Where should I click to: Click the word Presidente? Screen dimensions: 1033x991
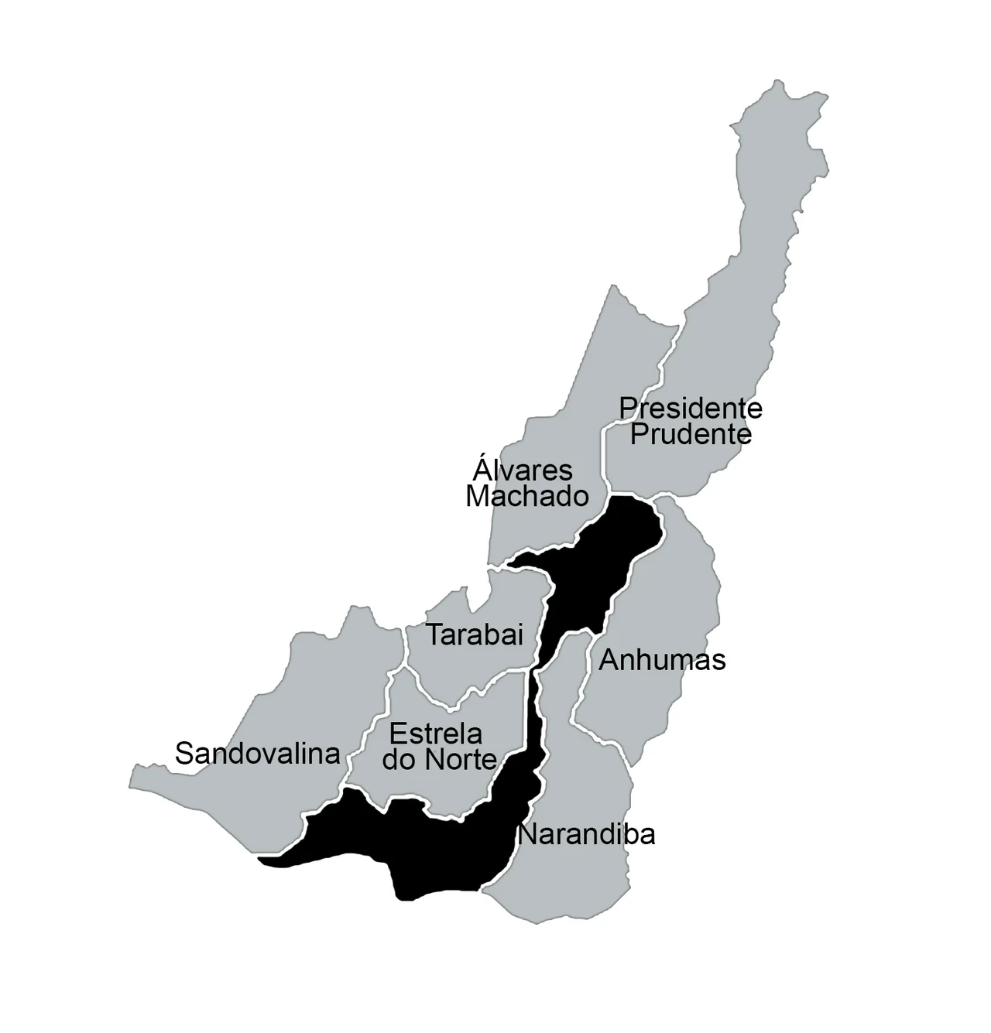point(691,408)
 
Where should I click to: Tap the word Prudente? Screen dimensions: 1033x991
point(691,434)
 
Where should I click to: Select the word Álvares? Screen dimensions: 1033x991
point(523,470)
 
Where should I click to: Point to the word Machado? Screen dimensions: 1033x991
point(527,496)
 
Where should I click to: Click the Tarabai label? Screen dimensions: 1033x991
point(475,635)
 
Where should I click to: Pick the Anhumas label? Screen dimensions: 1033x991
point(662,660)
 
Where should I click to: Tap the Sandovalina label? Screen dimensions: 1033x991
point(258,753)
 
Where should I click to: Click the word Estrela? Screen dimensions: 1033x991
point(436,733)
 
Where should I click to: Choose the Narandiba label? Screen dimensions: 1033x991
point(586,835)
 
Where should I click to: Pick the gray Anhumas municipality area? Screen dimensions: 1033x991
point(666,588)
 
